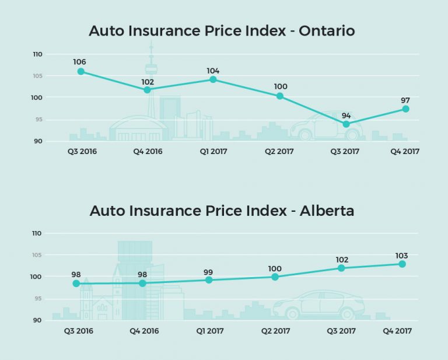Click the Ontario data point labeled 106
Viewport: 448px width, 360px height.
(x=81, y=72)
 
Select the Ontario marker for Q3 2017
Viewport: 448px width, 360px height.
(x=346, y=124)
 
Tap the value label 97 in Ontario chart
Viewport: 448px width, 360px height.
(x=405, y=100)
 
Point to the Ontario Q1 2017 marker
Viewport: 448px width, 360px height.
(x=213, y=79)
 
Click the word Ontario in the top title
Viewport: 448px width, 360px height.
(x=326, y=31)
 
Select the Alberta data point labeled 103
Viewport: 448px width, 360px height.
(x=402, y=264)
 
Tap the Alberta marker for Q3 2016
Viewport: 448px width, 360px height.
(x=76, y=284)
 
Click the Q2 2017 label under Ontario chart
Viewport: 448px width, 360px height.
(x=279, y=152)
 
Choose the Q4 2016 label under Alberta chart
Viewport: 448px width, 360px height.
(x=143, y=331)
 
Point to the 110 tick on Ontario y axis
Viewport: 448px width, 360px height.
(x=37, y=54)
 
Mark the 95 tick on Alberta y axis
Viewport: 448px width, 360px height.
(x=37, y=299)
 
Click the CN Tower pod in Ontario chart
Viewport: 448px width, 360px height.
(x=151, y=68)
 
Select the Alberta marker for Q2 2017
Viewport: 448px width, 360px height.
(x=275, y=277)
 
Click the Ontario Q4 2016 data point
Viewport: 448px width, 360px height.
(x=147, y=90)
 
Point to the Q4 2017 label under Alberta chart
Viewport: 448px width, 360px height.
(x=397, y=331)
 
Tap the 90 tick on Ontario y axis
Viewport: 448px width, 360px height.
(x=37, y=141)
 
